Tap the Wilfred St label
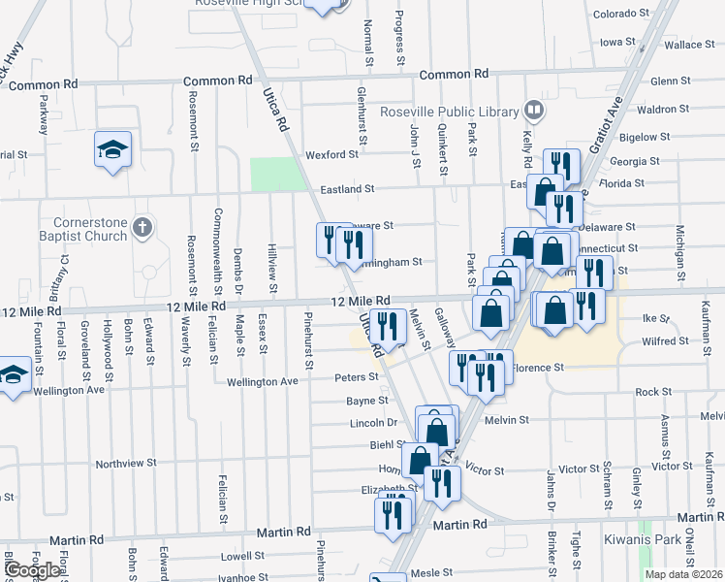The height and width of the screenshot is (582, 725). point(665,341)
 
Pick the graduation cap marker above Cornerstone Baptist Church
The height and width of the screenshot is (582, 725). point(113,151)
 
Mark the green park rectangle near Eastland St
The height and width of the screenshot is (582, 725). point(277,175)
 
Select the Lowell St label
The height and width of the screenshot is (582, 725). point(242,557)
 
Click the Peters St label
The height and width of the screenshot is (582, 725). point(356,376)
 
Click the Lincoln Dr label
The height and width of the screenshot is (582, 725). point(373,423)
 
